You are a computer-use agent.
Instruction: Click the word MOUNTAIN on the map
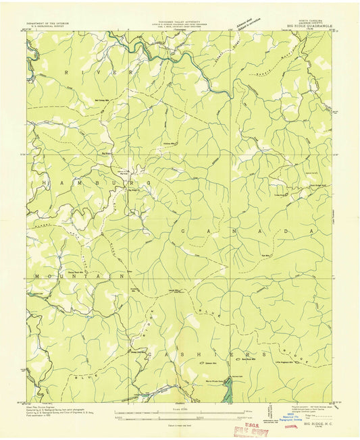(x=76, y=276)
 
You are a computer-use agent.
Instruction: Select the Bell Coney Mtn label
(x=103, y=101)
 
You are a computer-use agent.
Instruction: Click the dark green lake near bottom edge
(x=228, y=388)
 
